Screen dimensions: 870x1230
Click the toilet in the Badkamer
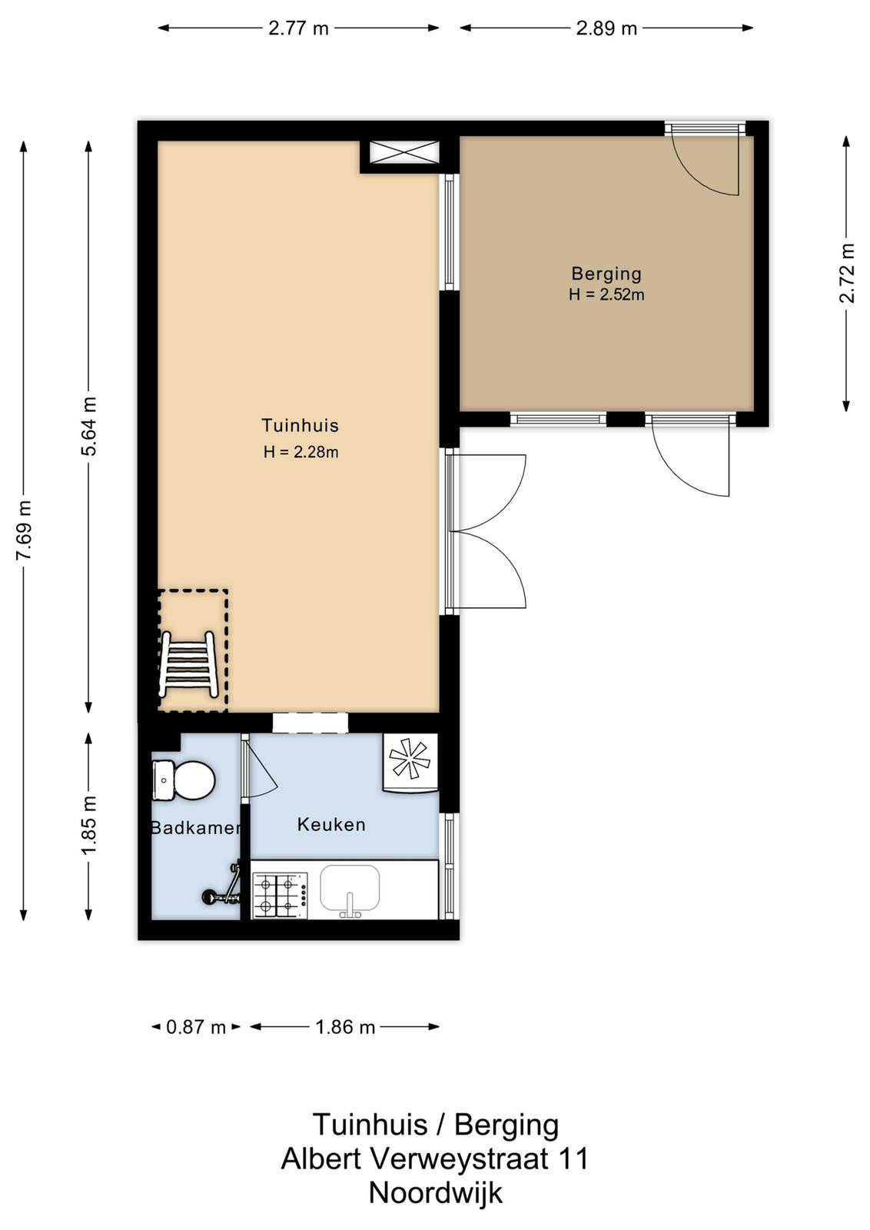point(184,780)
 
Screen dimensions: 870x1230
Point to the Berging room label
point(606,274)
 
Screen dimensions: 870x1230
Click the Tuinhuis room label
point(300,425)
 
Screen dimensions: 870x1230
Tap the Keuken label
point(331,824)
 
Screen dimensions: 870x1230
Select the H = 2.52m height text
point(606,295)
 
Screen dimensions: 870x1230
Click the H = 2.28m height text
point(301,452)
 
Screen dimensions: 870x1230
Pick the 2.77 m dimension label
point(298,28)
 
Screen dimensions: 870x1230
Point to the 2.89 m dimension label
point(606,28)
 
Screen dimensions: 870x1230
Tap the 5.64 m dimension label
point(89,426)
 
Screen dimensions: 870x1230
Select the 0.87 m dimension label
point(196,1027)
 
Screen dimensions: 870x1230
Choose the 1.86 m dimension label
point(345,1027)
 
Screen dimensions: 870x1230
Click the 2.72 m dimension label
point(848,273)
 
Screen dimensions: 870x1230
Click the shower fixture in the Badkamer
point(223,885)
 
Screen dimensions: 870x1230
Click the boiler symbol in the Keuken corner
point(410,763)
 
